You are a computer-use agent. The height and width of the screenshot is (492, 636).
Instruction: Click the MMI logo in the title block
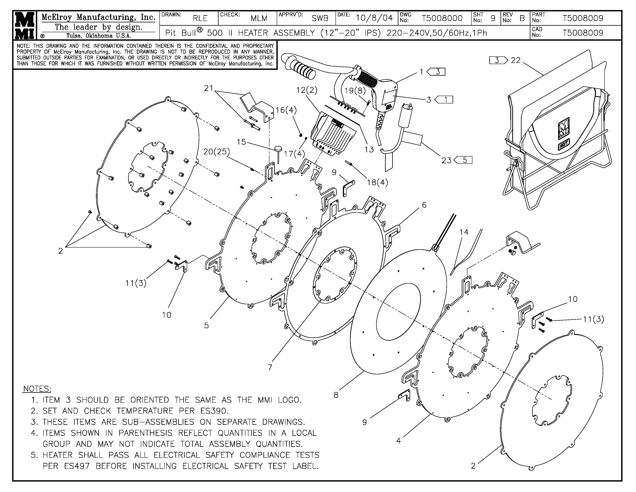(24, 25)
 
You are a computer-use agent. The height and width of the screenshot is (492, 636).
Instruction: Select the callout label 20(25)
(216, 152)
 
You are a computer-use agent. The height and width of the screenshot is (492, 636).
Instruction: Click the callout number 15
(241, 142)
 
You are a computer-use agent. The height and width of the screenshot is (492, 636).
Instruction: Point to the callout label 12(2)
(307, 90)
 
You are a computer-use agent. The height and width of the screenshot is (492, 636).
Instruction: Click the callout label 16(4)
(286, 110)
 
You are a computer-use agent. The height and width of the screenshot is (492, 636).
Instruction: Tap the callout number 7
(270, 367)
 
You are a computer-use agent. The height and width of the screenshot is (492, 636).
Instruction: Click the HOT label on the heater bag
(564, 145)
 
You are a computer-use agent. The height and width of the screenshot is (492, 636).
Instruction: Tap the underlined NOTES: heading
(37, 389)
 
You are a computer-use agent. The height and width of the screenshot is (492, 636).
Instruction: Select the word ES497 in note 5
(77, 466)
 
